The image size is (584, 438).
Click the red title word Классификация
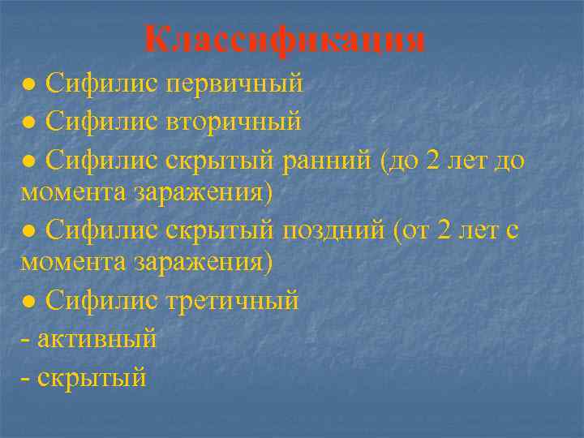285,39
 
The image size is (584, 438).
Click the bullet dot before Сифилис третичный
28,301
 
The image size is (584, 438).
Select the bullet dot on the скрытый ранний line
28,160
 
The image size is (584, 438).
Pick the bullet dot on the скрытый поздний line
28,230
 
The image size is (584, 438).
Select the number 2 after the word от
442,230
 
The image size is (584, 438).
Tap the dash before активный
28,338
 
